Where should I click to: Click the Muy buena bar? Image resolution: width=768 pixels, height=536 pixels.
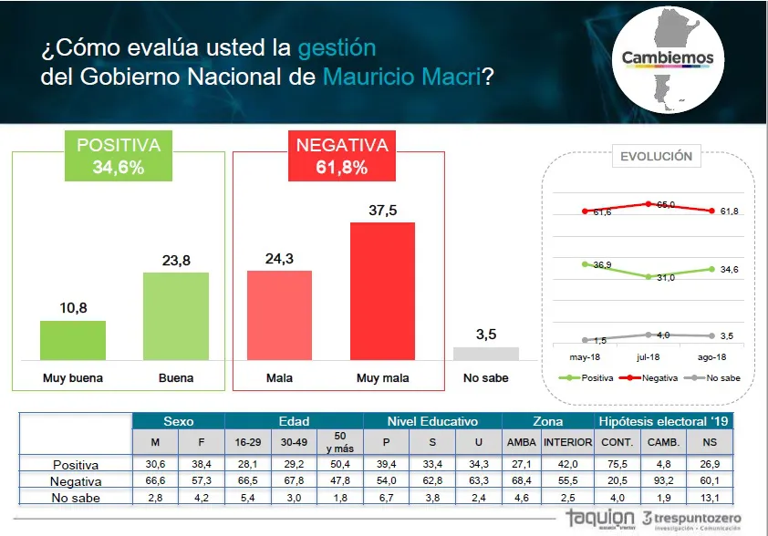pyautogui.click(x=73, y=340)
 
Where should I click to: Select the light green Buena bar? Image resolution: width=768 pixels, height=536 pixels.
pyautogui.click(x=176, y=315)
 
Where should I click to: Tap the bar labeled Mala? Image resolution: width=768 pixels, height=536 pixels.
pyautogui.click(x=279, y=314)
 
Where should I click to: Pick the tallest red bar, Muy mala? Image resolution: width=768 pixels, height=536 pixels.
pyautogui.click(x=382, y=291)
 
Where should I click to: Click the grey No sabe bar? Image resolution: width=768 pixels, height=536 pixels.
pyautogui.click(x=486, y=354)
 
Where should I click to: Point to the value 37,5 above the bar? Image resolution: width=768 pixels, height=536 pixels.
pyautogui.click(x=383, y=210)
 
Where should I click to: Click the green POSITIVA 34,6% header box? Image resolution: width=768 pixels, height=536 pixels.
pyautogui.click(x=119, y=156)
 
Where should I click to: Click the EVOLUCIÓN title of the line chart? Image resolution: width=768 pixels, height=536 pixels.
pyautogui.click(x=656, y=156)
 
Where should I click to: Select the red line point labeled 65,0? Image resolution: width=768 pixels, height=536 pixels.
pyautogui.click(x=648, y=203)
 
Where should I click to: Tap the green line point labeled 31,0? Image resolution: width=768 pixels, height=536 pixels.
pyautogui.click(x=648, y=276)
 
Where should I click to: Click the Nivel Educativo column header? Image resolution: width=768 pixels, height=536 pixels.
pyautogui.click(x=432, y=421)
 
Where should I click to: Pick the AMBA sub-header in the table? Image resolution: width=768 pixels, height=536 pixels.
pyautogui.click(x=522, y=441)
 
